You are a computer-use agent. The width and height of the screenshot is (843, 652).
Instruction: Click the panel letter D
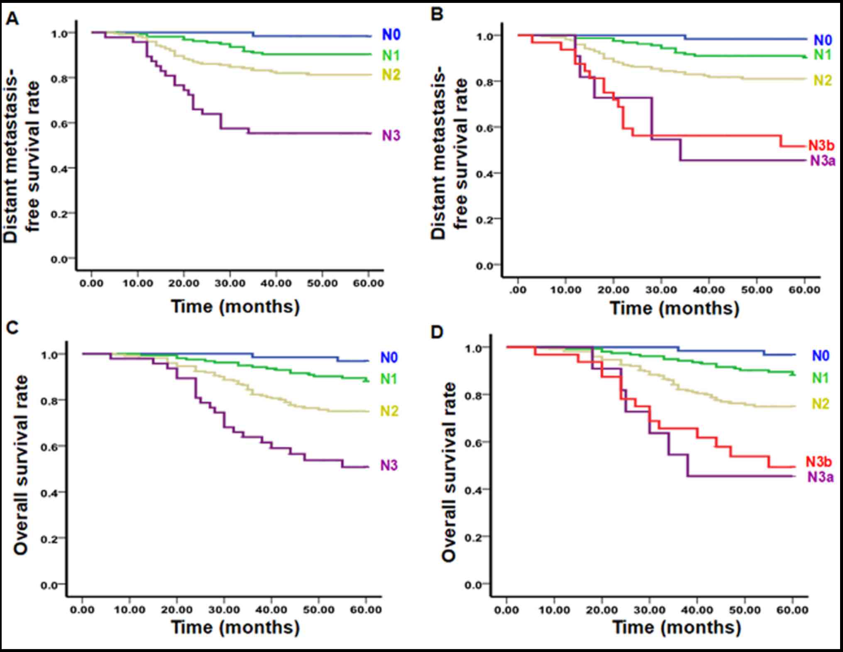[x=437, y=332]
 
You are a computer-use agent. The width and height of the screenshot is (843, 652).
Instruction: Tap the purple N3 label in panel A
[x=391, y=136]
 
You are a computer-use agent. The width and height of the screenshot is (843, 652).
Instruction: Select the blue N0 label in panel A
[x=391, y=35]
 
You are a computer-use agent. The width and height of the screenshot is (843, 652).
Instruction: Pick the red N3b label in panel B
[x=821, y=146]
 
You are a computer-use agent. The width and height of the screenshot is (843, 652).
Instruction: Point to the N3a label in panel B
[x=822, y=161]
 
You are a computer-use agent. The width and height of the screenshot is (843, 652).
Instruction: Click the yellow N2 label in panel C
[x=389, y=411]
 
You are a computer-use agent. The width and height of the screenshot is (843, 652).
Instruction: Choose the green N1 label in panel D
[x=820, y=377]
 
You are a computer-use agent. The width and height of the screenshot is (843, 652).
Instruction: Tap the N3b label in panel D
[x=819, y=461]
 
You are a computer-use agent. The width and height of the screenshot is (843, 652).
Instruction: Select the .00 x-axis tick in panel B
[x=518, y=290]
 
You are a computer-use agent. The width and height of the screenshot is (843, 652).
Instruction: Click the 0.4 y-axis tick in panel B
[x=484, y=173]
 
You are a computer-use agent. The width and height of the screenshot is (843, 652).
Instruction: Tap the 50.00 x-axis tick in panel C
[x=318, y=610]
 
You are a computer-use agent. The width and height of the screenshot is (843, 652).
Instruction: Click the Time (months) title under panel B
[x=674, y=309]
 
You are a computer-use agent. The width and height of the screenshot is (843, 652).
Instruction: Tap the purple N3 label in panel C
[x=389, y=465]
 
